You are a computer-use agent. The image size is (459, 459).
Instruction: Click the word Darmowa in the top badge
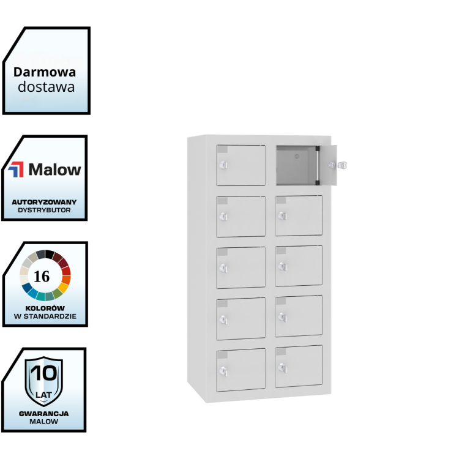pos(45,72)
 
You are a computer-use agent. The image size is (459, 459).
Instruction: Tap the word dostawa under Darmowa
pos(46,87)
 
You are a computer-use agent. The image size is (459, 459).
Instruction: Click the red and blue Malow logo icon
pos(17,170)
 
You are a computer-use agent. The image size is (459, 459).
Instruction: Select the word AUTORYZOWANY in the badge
pos(45,201)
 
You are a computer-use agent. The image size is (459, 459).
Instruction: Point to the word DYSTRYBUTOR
pos(45,210)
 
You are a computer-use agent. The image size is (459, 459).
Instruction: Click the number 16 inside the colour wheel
pos(42,276)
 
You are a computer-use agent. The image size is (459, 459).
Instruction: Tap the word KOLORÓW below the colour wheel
pos(45,308)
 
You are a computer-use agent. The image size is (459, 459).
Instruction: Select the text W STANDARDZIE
pos(45,317)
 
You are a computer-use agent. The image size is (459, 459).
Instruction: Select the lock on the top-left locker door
pos(223,165)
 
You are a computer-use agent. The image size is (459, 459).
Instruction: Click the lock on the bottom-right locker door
pos(282,367)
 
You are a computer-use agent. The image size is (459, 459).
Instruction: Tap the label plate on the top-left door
pos(222,150)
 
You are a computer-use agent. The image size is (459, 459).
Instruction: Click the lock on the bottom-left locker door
pos(223,370)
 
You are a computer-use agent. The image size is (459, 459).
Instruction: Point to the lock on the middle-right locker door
pos(282,266)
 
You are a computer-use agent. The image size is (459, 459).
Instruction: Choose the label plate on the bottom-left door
pos(222,354)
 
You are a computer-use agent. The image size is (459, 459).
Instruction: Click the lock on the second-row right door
pos(282,215)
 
